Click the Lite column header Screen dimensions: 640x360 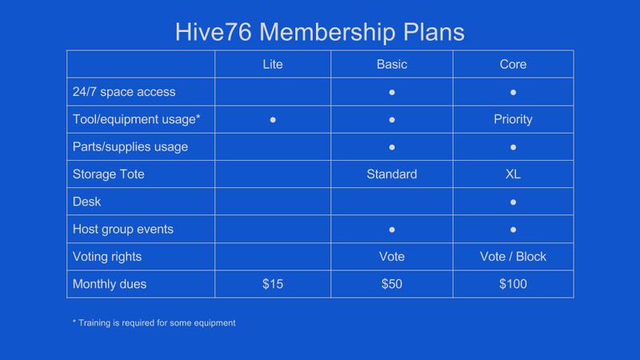tap(273, 64)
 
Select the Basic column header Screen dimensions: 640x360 tap(392, 64)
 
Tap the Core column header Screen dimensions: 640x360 tap(513, 64)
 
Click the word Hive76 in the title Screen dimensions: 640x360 tap(213, 32)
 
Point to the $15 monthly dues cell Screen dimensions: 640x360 tap(273, 284)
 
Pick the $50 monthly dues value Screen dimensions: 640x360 tap(392, 284)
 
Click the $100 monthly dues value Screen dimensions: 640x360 tap(513, 284)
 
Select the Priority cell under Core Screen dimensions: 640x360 tap(513, 119)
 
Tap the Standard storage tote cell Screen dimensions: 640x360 tap(392, 174)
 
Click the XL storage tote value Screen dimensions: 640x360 tap(513, 174)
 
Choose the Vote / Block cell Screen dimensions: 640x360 tap(513, 256)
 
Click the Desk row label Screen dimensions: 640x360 tap(86, 202)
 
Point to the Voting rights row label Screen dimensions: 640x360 tap(107, 257)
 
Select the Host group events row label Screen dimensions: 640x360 tap(123, 230)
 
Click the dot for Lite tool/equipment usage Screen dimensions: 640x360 tap(273, 120)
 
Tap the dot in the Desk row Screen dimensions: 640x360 tap(513, 202)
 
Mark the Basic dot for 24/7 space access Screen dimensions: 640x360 tap(392, 93)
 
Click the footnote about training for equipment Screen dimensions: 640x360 tap(154, 323)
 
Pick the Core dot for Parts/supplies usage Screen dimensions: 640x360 tap(513, 147)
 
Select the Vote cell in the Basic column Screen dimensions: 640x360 tap(392, 256)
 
